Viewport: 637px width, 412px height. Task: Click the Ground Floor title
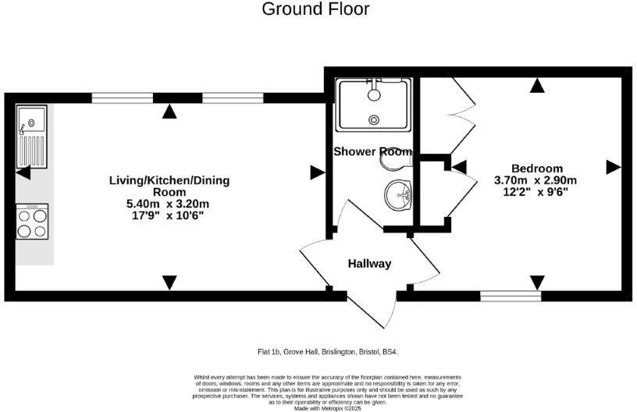click(315, 9)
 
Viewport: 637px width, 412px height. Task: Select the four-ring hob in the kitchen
click(32, 222)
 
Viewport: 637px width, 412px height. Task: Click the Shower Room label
click(372, 151)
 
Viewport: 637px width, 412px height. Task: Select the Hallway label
click(369, 264)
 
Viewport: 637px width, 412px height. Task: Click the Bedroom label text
click(536, 169)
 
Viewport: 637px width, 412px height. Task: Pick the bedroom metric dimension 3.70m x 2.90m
click(536, 180)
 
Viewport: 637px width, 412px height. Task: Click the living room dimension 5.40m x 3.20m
click(169, 204)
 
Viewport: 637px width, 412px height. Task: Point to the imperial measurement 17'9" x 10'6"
click(169, 215)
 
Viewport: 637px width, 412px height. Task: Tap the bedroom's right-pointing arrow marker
click(613, 166)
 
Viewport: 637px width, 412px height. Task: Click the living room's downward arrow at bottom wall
click(169, 282)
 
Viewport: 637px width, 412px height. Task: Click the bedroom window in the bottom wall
click(510, 296)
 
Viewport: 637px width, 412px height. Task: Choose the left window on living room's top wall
click(122, 98)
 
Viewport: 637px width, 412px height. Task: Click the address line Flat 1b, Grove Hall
click(333, 352)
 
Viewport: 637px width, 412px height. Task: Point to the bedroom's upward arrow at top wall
click(536, 87)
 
